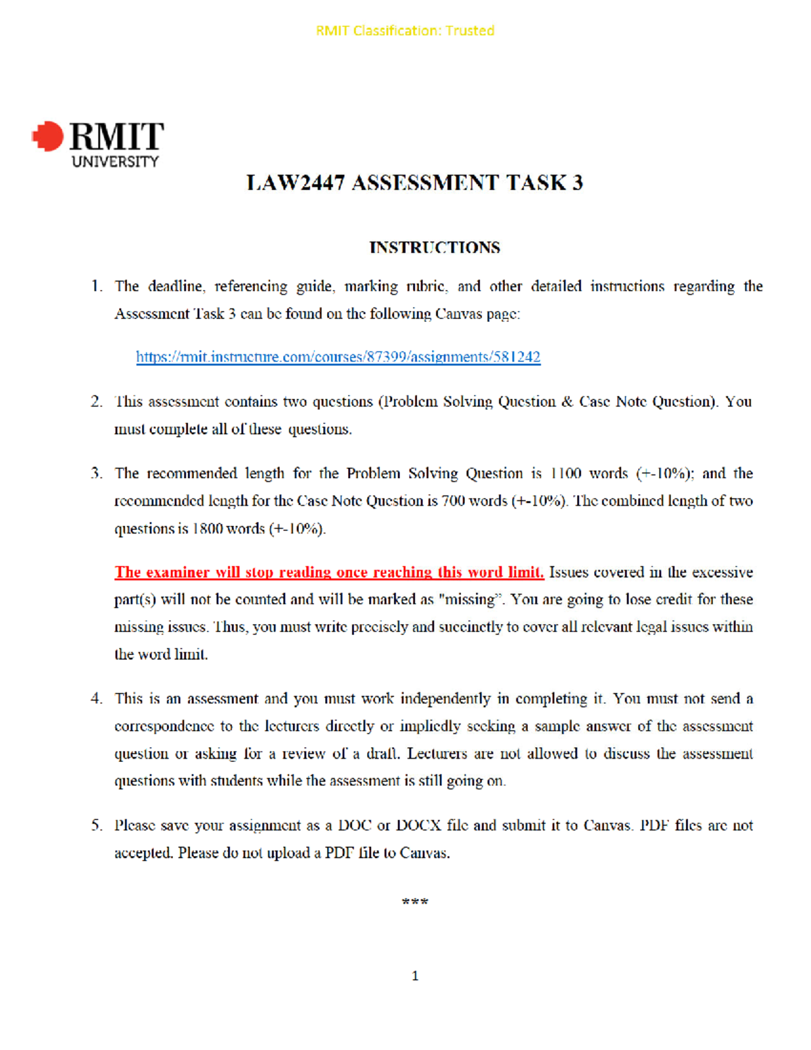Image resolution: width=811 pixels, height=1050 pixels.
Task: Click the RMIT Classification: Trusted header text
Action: [405, 30]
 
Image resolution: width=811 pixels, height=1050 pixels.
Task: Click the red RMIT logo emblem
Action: [48, 137]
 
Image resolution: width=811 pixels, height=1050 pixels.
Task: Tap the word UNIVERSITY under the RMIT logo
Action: [115, 162]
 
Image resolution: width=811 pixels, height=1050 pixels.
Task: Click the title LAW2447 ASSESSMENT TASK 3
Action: [414, 183]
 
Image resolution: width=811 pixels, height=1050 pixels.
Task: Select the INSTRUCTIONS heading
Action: [435, 247]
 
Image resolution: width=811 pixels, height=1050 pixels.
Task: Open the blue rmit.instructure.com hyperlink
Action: [338, 357]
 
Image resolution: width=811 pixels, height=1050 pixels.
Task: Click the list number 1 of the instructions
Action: [97, 287]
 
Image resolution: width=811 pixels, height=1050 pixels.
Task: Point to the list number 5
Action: [97, 826]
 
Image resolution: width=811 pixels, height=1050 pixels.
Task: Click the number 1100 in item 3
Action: [566, 473]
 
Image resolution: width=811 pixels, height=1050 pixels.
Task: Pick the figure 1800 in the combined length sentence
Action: [207, 529]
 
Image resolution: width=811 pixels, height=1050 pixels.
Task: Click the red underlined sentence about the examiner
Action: [329, 573]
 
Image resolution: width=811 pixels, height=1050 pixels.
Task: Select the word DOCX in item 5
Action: [418, 826]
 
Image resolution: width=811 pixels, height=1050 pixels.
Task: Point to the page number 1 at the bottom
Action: [415, 976]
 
